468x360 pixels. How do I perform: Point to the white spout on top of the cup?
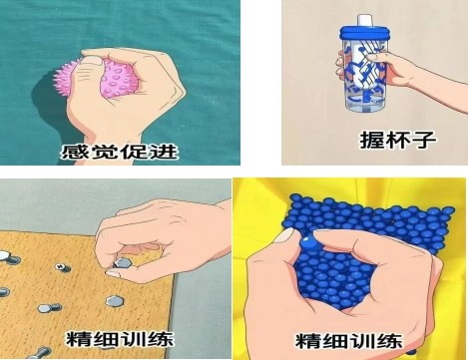(364, 20)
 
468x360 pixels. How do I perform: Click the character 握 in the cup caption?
(372, 140)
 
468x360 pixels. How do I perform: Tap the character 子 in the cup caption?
(423, 140)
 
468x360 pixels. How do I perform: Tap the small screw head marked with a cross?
(61, 266)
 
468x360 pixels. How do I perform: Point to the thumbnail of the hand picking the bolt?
(113, 274)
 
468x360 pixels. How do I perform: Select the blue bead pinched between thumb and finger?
(309, 243)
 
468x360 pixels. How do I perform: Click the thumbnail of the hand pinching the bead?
(284, 235)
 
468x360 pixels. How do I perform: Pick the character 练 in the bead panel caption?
(389, 341)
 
